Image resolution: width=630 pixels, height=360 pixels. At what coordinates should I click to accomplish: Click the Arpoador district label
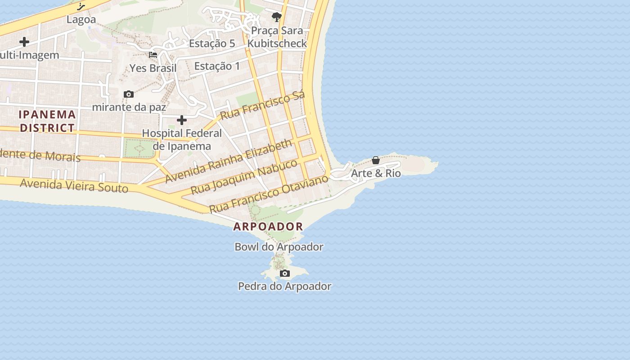(x=268, y=226)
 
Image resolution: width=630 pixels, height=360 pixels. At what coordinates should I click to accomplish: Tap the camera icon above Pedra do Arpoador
(x=284, y=274)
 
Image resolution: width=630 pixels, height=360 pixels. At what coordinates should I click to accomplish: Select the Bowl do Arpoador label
(x=279, y=247)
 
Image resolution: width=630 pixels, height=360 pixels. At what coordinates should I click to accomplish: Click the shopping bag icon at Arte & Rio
(x=376, y=160)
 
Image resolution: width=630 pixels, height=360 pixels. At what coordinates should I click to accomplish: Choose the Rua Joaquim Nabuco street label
(x=244, y=177)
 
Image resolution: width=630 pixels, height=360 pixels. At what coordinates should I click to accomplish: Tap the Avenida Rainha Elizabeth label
(x=229, y=161)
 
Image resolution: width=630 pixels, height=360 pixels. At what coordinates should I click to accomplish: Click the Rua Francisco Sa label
(x=262, y=105)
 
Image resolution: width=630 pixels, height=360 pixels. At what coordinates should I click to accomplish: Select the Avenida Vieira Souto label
(x=74, y=185)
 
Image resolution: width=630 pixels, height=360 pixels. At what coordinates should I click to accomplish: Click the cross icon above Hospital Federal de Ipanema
(x=182, y=120)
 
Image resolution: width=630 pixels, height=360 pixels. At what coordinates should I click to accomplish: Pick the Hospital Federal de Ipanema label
(x=182, y=139)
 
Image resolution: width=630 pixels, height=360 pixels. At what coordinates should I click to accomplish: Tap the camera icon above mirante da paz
(x=129, y=94)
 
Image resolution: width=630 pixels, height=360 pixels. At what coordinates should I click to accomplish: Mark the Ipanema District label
(x=47, y=121)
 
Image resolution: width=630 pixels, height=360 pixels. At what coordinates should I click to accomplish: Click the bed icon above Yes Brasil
(x=153, y=55)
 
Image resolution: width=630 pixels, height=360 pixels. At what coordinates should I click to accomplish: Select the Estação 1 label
(x=217, y=66)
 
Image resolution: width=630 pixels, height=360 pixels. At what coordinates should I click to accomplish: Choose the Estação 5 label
(x=212, y=44)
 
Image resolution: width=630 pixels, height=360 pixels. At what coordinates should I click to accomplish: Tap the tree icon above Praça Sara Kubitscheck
(x=276, y=17)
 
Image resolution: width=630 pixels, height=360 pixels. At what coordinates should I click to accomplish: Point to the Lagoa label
(x=81, y=20)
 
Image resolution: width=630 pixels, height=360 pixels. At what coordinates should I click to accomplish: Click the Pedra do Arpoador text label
(x=284, y=286)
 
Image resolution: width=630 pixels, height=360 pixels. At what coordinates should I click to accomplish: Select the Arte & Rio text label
(x=376, y=173)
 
